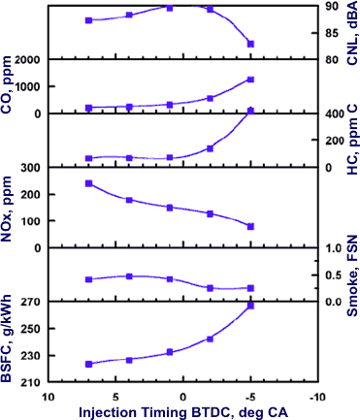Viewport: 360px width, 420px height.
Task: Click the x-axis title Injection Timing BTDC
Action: click(179, 410)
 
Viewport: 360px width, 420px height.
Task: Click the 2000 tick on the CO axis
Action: click(26, 60)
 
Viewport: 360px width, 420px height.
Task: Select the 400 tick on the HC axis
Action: click(333, 114)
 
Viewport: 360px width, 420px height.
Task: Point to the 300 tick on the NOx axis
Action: click(29, 168)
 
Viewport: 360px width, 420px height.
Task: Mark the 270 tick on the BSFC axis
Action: click(29, 303)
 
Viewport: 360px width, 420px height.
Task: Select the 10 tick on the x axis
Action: click(46, 396)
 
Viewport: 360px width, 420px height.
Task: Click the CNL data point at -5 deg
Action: click(250, 44)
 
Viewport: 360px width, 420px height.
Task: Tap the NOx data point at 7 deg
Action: click(88, 183)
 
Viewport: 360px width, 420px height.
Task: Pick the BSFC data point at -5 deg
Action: click(250, 306)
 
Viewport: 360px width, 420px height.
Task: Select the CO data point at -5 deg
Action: click(250, 80)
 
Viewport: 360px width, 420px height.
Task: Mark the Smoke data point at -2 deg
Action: click(210, 288)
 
